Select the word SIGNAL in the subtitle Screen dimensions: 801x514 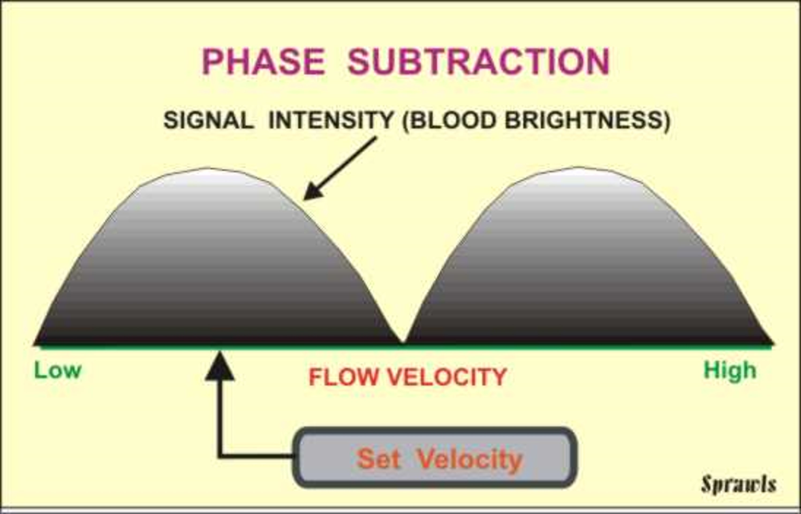tap(209, 120)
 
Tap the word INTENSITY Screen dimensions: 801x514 tap(331, 120)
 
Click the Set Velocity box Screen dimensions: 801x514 tap(434, 458)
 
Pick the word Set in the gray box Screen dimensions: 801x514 tap(379, 459)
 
